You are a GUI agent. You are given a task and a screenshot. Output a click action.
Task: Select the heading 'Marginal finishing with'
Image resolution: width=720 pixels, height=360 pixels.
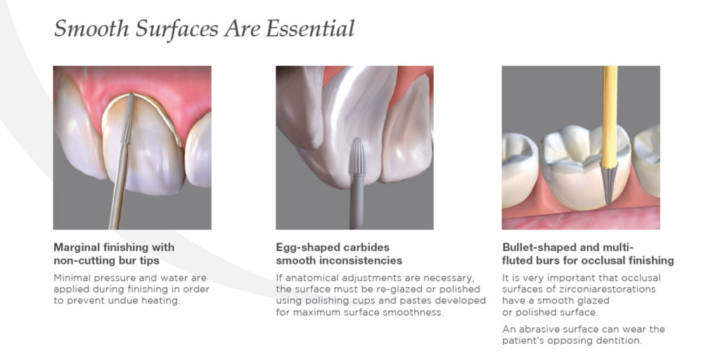(x=114, y=247)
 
